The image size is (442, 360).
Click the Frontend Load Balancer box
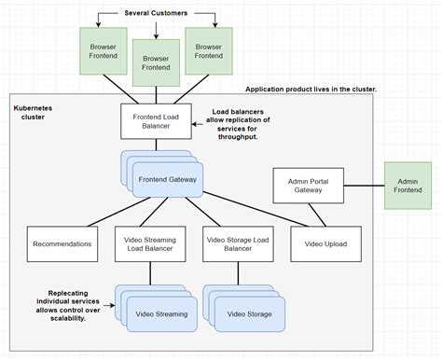point(156,120)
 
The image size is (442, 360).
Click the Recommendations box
point(62,243)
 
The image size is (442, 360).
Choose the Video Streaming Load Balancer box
point(149,243)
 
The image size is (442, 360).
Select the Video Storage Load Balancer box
point(236,243)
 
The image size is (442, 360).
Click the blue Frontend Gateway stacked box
point(164,178)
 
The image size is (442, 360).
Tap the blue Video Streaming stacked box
point(161,313)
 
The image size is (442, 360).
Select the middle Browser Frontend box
point(156,62)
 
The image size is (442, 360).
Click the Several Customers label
point(156,13)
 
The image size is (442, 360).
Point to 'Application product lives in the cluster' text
point(311,90)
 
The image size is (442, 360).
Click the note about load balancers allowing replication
point(240,124)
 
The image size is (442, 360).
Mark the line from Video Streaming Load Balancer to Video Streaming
point(149,272)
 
